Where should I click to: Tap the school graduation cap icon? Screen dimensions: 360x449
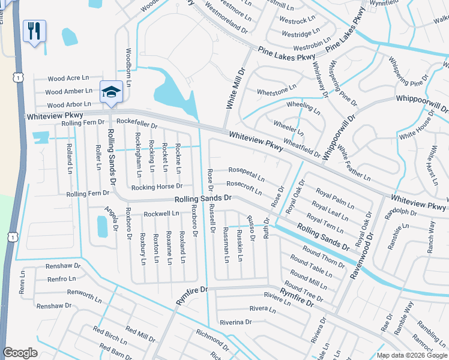tap(110, 91)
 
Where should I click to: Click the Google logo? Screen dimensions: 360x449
tap(20, 353)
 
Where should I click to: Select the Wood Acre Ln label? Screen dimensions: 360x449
tap(68, 79)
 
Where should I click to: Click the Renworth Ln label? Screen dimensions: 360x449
tap(72, 294)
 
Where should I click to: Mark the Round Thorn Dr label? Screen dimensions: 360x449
tap(323, 256)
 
